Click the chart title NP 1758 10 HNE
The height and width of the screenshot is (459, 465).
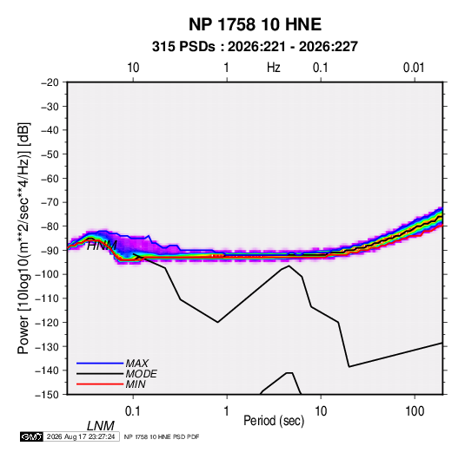point(255,24)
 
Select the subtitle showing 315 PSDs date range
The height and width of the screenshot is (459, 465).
point(255,47)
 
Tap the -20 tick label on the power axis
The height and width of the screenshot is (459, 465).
point(50,82)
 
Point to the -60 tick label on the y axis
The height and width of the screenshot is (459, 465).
point(50,178)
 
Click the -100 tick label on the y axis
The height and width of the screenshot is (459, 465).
point(47,274)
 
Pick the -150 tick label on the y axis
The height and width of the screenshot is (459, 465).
point(47,395)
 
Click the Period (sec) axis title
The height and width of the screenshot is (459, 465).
point(274,421)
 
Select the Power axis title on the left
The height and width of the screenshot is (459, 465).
point(23,238)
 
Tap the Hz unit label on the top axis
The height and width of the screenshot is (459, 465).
point(274,68)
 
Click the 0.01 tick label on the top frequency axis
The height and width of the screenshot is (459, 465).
point(414,68)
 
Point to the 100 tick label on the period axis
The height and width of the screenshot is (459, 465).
point(415,411)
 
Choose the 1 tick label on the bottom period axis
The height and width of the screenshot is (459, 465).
point(227,411)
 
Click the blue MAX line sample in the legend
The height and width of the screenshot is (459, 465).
point(100,363)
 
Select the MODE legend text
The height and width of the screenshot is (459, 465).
point(141,374)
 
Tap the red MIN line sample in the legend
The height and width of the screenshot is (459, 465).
point(100,384)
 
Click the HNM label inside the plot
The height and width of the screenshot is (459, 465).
point(102,246)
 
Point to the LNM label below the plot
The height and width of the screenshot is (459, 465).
point(101,426)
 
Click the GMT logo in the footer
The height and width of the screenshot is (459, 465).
point(32,436)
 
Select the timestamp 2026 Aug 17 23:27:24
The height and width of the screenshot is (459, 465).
point(81,436)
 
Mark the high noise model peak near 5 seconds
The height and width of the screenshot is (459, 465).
point(289,266)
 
